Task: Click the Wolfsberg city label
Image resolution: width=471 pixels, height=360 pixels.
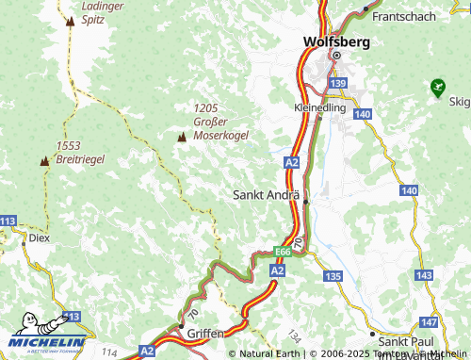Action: [x=336, y=41]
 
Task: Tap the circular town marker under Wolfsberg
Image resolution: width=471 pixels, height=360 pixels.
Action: [x=334, y=57]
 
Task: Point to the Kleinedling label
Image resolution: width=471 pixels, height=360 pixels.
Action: [x=320, y=108]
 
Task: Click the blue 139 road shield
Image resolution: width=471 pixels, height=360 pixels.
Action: [x=339, y=85]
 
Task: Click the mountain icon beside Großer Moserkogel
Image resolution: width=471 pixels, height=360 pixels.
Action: [x=182, y=138]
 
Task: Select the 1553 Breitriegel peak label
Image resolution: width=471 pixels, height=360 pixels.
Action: [x=80, y=153]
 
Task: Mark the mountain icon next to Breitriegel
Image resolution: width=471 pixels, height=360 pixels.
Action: [x=43, y=161]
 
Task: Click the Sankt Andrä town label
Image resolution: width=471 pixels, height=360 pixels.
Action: [x=266, y=195]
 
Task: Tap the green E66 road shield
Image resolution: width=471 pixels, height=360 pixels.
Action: [x=282, y=252]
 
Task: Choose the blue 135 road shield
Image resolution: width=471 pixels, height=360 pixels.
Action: [x=332, y=276]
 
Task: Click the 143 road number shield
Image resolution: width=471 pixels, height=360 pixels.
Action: [x=423, y=275]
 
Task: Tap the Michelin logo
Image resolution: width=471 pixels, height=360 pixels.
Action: [x=46, y=341]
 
